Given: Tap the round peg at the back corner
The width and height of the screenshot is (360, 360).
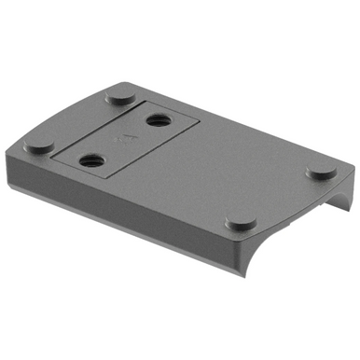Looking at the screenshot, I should click(118, 95).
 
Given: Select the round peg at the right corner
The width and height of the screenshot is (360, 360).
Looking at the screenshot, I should click(323, 172).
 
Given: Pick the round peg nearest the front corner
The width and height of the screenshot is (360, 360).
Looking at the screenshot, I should click(242, 224).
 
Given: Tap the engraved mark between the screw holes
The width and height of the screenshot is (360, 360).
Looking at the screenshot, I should click(122, 140).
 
